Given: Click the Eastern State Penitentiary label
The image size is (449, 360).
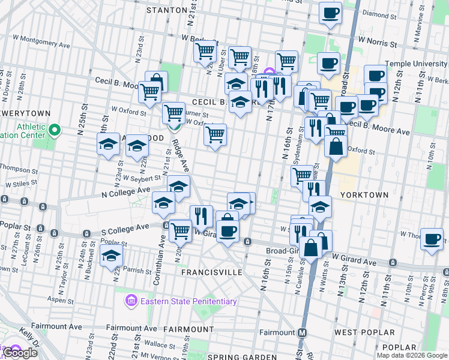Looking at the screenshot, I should (188, 301).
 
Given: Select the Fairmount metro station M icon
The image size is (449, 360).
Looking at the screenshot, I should (303, 332).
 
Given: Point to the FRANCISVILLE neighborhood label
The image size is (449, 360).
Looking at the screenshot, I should (212, 272).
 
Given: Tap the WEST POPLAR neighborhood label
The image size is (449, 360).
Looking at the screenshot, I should (364, 332).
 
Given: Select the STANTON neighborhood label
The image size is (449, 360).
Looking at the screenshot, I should (166, 10).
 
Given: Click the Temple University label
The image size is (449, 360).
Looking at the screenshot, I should (417, 64).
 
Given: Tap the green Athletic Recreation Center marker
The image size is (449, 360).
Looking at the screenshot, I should (55, 130).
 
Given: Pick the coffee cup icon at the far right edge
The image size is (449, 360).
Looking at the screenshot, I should (432, 239).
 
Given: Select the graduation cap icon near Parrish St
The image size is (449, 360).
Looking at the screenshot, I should (112, 255).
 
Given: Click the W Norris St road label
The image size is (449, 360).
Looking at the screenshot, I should (378, 44).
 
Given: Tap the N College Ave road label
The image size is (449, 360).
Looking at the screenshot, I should (125, 191).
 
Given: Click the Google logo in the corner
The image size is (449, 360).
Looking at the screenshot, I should (19, 353).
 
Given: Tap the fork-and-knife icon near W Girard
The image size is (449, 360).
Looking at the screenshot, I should (201, 215).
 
